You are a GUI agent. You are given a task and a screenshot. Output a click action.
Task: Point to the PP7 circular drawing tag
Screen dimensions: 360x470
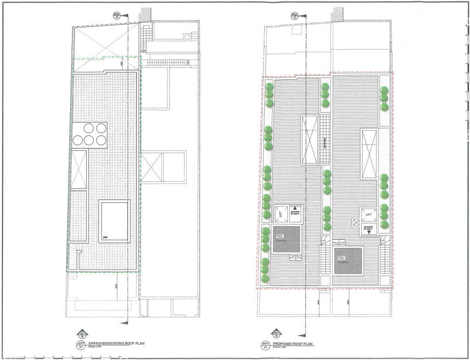(265, 345)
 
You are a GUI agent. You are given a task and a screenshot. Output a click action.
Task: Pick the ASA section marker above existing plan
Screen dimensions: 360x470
(117, 16)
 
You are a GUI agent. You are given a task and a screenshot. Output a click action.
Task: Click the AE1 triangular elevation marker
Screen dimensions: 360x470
(83, 334)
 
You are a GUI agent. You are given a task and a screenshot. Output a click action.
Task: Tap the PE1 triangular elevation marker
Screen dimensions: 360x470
(276, 334)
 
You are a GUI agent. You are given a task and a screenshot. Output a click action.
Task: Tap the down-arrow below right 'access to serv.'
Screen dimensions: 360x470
(368, 233)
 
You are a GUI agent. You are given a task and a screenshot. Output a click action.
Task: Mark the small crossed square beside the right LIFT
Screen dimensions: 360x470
(355, 222)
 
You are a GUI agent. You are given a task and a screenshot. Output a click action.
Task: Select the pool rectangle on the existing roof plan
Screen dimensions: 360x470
(114, 222)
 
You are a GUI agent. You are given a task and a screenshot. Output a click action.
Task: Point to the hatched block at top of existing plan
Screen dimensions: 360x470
(146, 14)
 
